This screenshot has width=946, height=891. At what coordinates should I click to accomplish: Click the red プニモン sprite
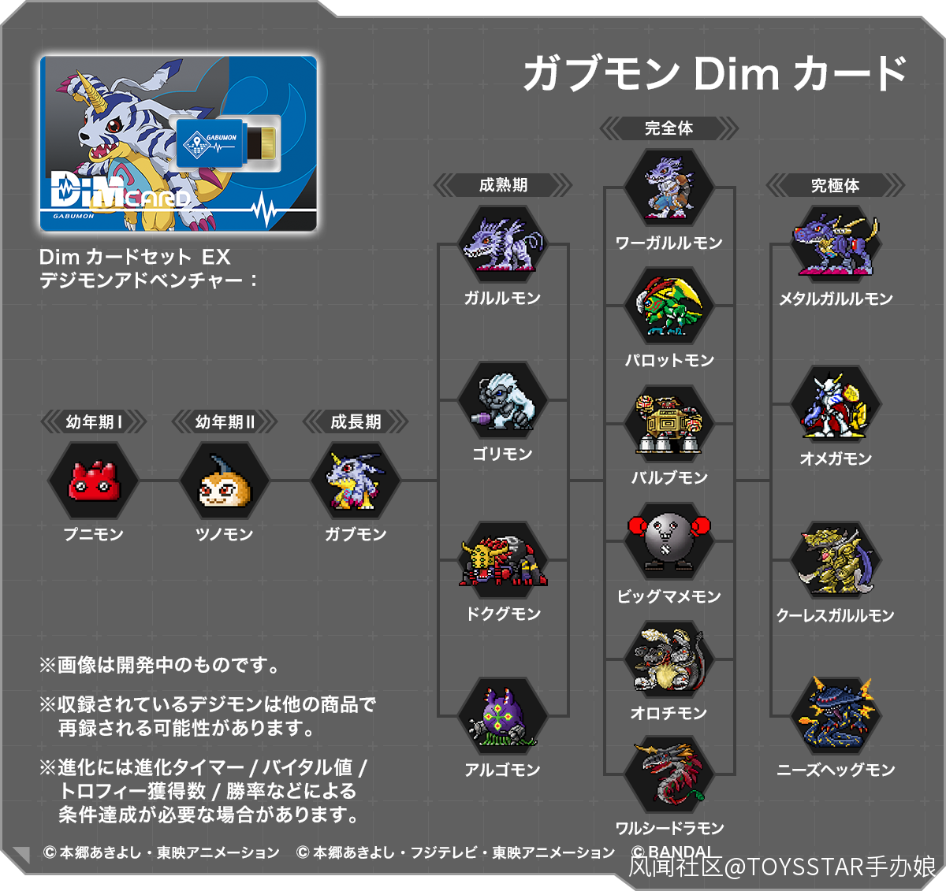point(94,481)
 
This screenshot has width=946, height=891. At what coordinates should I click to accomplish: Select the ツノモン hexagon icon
point(225,480)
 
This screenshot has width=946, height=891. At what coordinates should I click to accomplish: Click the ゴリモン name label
point(502,454)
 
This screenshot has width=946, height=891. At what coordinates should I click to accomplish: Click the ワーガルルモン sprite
point(669,187)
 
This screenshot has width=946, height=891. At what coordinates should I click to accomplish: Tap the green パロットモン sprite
point(669,306)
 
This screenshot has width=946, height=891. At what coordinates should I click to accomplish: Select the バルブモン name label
point(669,477)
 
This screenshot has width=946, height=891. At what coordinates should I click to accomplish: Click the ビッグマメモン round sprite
point(669,541)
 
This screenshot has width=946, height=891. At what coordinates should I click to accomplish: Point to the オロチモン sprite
point(669,659)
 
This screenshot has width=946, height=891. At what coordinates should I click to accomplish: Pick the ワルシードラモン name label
point(670,828)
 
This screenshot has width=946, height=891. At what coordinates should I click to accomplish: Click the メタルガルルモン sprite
point(836,245)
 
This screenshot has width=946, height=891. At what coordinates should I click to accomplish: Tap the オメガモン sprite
point(836,406)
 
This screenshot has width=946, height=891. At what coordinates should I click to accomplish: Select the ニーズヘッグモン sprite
point(836,715)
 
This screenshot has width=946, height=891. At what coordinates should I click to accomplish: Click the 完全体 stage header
point(669,128)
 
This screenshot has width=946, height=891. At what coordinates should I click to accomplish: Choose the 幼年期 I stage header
point(94,421)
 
